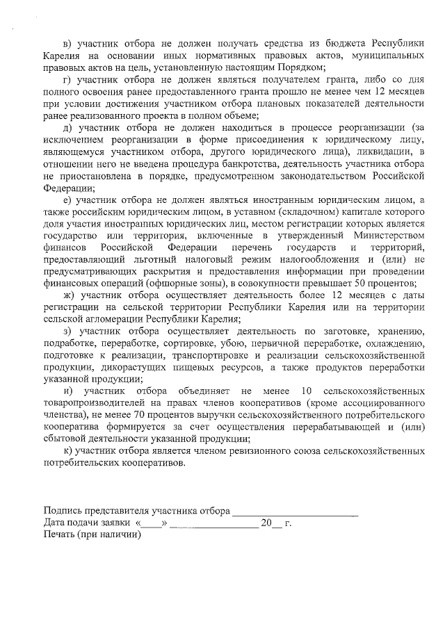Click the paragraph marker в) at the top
67,34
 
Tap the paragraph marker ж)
68,295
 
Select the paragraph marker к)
67,451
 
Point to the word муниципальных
387,55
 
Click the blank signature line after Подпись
295,512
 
